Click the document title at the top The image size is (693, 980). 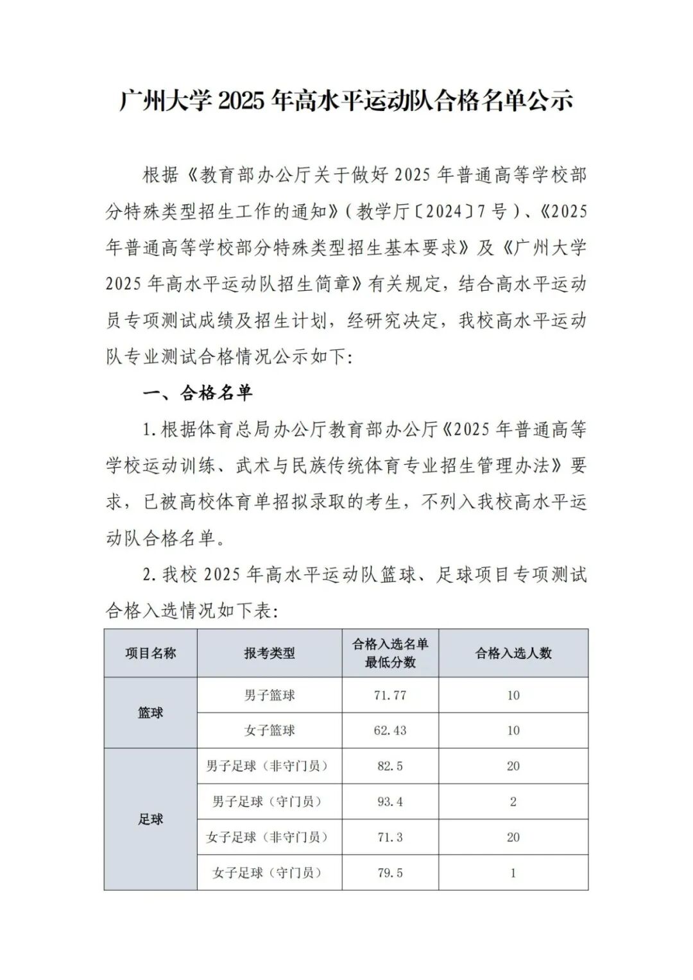pyautogui.click(x=346, y=101)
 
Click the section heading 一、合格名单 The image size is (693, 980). pyautogui.click(x=198, y=393)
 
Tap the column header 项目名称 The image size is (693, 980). pyautogui.click(x=151, y=653)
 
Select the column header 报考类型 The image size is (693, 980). pyautogui.click(x=269, y=653)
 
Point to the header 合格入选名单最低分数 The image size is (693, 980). pyautogui.click(x=390, y=653)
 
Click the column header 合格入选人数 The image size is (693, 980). pyautogui.click(x=513, y=653)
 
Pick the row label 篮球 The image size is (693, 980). pyautogui.click(x=151, y=713)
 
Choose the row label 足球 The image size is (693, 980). pyautogui.click(x=151, y=819)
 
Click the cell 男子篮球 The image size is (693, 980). pyautogui.click(x=269, y=695)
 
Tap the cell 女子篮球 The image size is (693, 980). pyautogui.click(x=269, y=730)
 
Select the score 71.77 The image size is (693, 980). pyautogui.click(x=390, y=695)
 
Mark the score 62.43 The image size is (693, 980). pyautogui.click(x=390, y=730)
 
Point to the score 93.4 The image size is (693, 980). pyautogui.click(x=390, y=802)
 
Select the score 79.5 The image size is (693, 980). pyautogui.click(x=390, y=873)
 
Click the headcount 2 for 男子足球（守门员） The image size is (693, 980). pyautogui.click(x=513, y=802)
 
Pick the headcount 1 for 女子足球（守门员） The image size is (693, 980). pyautogui.click(x=513, y=873)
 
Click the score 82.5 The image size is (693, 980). pyautogui.click(x=390, y=766)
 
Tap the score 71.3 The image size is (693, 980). pyautogui.click(x=390, y=838)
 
